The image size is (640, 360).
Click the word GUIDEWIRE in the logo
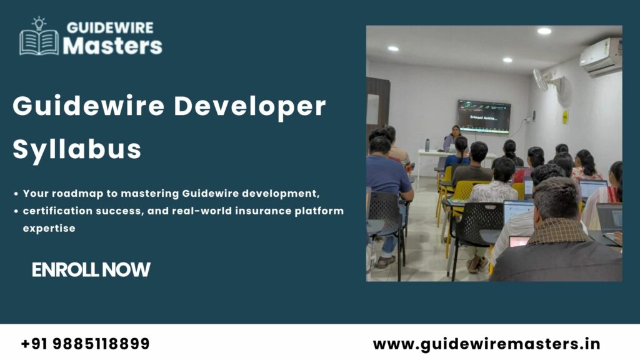point(109,28)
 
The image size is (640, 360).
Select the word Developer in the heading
point(249,107)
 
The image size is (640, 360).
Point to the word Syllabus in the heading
point(77,149)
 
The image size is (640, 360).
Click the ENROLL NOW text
point(91,270)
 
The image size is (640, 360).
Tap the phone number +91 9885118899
point(85,344)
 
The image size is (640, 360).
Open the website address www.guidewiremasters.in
point(486,344)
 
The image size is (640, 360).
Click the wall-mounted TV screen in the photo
point(483,116)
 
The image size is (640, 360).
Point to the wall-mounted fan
point(542,80)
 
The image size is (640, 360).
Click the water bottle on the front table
point(427,145)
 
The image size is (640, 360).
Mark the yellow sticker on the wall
point(565,117)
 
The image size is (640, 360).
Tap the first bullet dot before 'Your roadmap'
point(16,194)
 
